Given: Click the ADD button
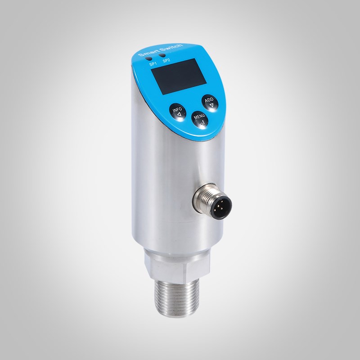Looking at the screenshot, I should click(x=210, y=102).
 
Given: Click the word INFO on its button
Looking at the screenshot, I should click(x=177, y=109).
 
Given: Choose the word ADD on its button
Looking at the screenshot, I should click(x=209, y=99).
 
